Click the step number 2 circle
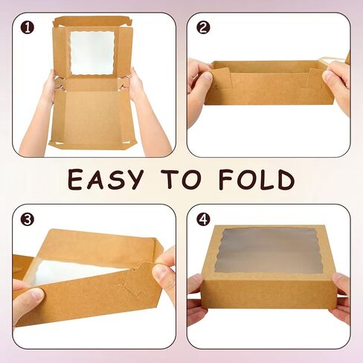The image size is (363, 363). click(203, 28)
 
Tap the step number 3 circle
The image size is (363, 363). click(28, 219)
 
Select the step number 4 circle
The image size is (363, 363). click(203, 220)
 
